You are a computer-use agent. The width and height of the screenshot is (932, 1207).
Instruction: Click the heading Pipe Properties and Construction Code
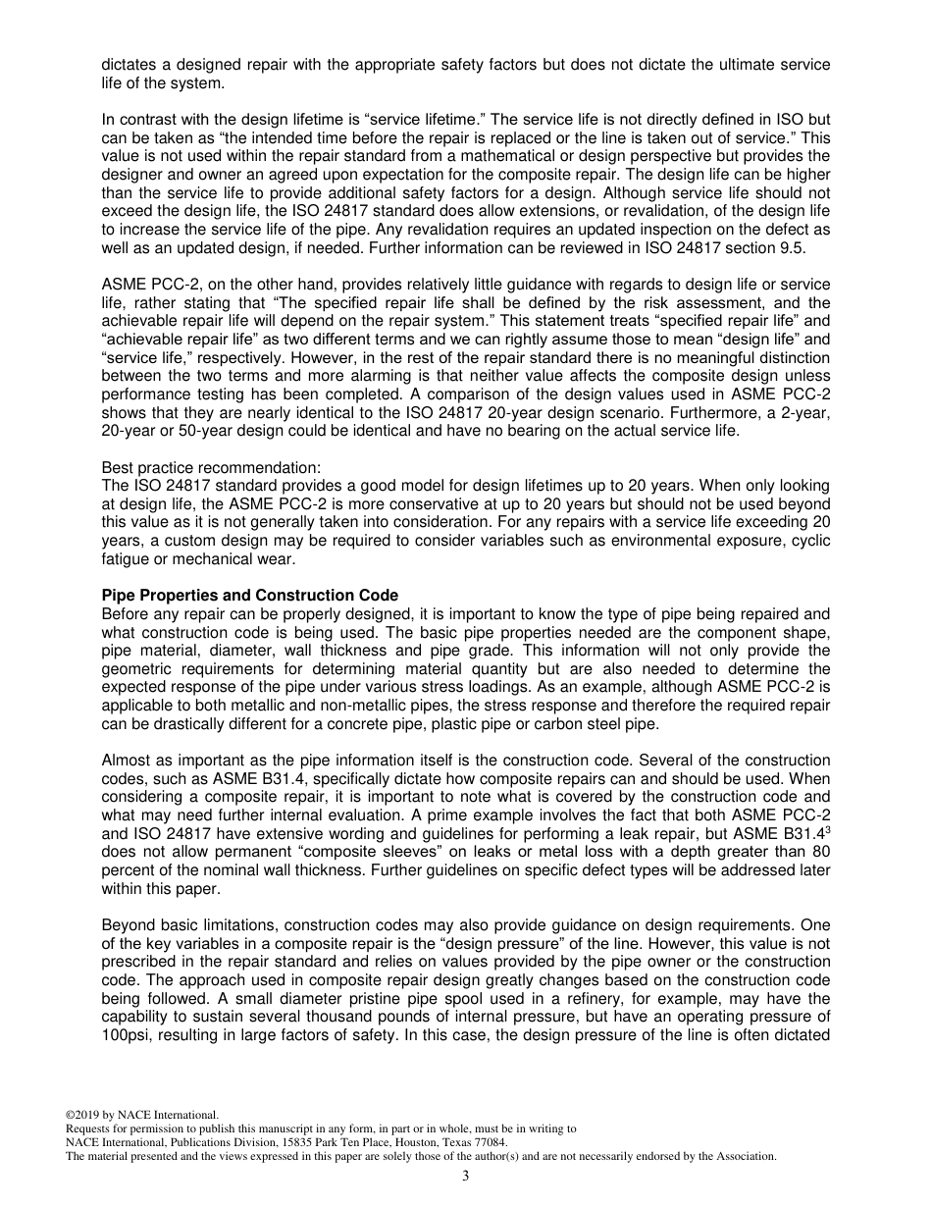[250, 596]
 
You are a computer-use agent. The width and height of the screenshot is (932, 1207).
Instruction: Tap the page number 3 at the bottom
[466, 1177]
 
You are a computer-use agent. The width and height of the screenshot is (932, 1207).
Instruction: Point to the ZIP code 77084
[492, 1142]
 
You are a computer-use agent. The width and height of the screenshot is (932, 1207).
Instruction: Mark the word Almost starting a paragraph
[127, 761]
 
